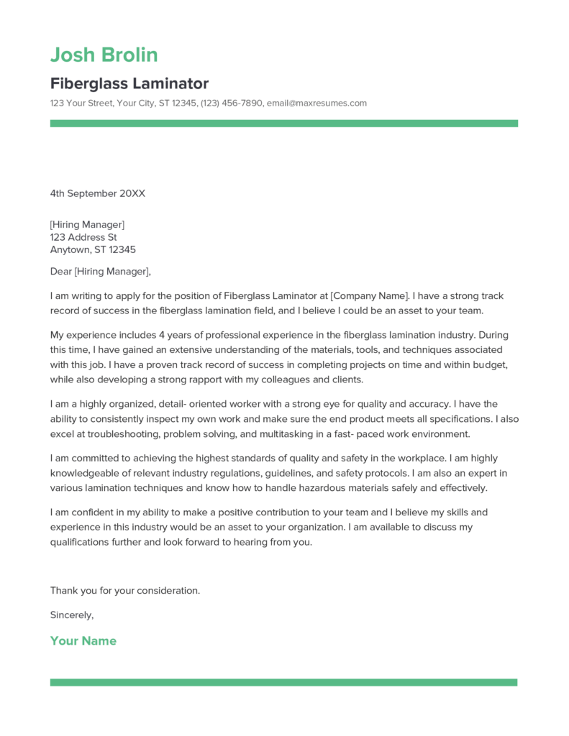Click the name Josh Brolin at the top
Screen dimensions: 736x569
tap(104, 55)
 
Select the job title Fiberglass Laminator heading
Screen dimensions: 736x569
tap(129, 83)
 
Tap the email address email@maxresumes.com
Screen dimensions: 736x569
tap(317, 103)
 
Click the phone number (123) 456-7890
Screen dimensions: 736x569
tap(232, 103)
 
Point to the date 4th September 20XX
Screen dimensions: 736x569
tap(97, 193)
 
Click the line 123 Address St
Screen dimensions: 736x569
tap(83, 237)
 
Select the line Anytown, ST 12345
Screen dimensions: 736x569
tap(93, 250)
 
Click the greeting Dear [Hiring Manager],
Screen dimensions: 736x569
tap(101, 272)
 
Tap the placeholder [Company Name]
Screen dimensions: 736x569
tap(368, 295)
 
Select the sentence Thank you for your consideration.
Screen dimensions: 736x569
tap(124, 591)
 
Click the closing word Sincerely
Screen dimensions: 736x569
tap(71, 615)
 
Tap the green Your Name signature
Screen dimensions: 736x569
tap(83, 641)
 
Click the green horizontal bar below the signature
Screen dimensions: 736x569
tap(283, 682)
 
